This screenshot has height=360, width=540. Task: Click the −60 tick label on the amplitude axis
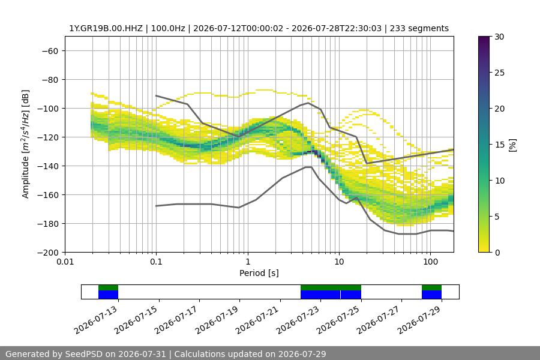pos(50,51)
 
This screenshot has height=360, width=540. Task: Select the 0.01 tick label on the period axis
pos(65,262)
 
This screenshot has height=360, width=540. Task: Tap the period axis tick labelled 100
pos(430,262)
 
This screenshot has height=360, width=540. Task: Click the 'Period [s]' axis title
pos(259,273)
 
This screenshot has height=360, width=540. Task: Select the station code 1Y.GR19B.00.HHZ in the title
pos(106,28)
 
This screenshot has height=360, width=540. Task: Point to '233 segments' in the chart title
pos(419,28)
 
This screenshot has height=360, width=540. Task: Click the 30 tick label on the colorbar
pos(499,37)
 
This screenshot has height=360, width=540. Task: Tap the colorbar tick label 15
pos(499,145)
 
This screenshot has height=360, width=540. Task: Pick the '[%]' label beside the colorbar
pos(513,145)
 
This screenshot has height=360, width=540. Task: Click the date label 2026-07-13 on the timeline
pos(96,320)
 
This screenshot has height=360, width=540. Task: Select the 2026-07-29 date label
pos(419,320)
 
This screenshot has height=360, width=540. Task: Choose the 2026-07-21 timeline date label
pos(257,320)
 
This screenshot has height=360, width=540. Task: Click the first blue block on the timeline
pos(108,295)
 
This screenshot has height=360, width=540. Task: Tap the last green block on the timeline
pos(431,287)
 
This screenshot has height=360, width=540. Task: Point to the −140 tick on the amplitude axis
pos(50,166)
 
